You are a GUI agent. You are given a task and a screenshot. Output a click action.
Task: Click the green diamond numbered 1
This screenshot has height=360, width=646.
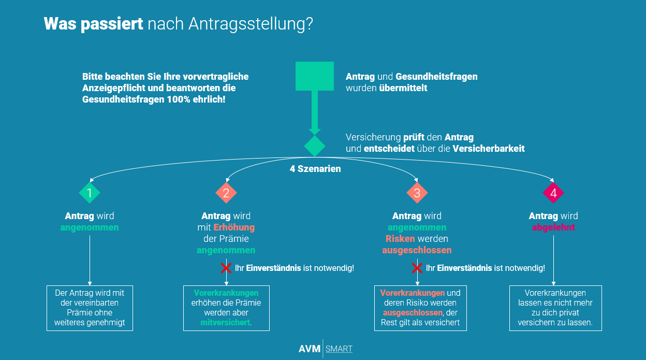point(90,193)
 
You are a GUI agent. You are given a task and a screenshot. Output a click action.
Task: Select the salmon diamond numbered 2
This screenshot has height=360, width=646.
point(226,193)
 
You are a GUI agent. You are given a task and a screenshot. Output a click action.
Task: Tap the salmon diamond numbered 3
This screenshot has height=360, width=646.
point(417,193)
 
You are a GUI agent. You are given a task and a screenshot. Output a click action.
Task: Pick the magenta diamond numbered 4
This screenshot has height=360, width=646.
point(553,193)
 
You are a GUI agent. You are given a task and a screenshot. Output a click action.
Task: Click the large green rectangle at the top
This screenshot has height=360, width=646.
point(314,76)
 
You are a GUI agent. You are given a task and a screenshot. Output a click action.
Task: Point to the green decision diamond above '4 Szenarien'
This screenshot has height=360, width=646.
point(314,146)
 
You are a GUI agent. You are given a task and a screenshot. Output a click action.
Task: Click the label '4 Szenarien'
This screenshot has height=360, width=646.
point(315,169)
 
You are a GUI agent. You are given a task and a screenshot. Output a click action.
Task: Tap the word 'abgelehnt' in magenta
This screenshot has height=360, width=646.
point(553,227)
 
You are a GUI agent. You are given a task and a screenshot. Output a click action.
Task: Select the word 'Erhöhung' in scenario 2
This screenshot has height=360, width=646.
point(234,227)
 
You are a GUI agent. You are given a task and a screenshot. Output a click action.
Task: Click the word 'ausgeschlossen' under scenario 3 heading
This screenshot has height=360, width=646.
point(417,250)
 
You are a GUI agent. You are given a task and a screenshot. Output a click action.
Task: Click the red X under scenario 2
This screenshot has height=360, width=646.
point(226,268)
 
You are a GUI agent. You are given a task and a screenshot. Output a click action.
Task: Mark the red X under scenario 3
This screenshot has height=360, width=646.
point(417,268)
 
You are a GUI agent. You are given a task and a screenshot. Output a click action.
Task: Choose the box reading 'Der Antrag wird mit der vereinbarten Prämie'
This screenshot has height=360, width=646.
point(90,308)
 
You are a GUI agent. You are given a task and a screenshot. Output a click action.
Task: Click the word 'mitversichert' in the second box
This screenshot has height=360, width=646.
point(225,323)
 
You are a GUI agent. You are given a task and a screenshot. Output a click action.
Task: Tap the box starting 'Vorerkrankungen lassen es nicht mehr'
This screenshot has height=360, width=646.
point(555,308)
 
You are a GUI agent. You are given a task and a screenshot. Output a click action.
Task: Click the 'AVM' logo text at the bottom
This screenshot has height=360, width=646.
point(310,349)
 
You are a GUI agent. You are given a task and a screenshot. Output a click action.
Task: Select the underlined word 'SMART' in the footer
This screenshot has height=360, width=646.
point(339,349)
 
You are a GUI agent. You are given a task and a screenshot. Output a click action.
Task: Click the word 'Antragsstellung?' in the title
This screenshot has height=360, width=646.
point(251,24)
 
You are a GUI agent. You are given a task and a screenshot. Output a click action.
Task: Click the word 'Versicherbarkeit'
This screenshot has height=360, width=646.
point(489,149)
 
